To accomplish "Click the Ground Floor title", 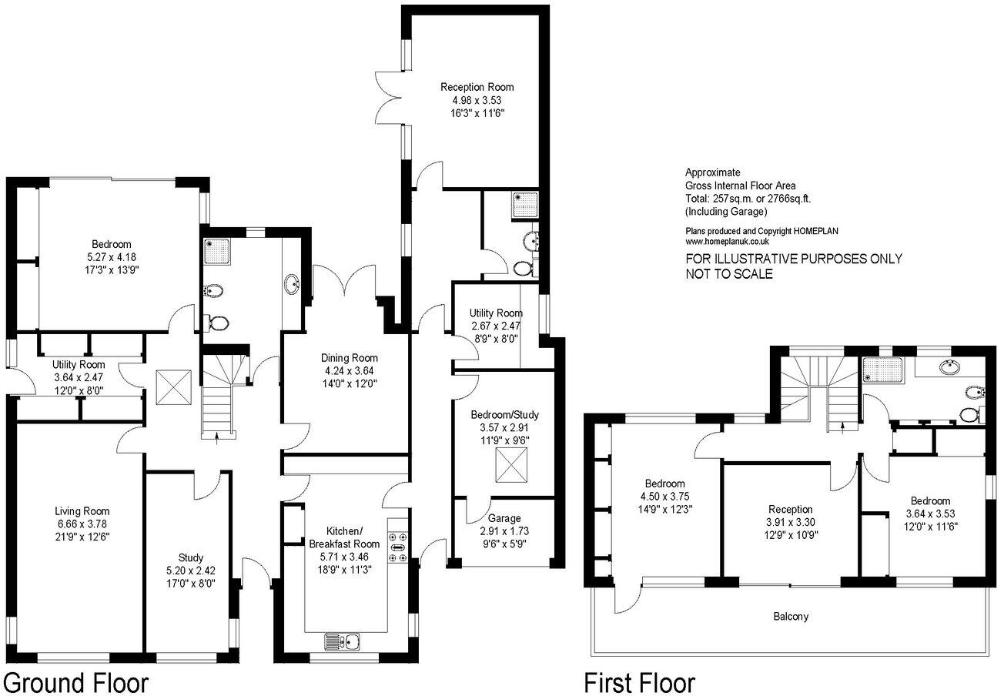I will tap(75, 681).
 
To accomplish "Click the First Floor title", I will tap(639, 681).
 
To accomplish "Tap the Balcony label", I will tap(791, 617).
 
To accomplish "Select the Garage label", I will tap(504, 518).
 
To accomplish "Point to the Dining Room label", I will tap(350, 358).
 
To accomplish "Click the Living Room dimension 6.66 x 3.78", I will tap(81, 524).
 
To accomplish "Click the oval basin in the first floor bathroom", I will tap(949, 368).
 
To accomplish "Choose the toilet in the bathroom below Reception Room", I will tap(525, 267).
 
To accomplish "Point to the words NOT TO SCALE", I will tap(729, 274).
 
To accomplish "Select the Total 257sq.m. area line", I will tap(748, 198).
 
